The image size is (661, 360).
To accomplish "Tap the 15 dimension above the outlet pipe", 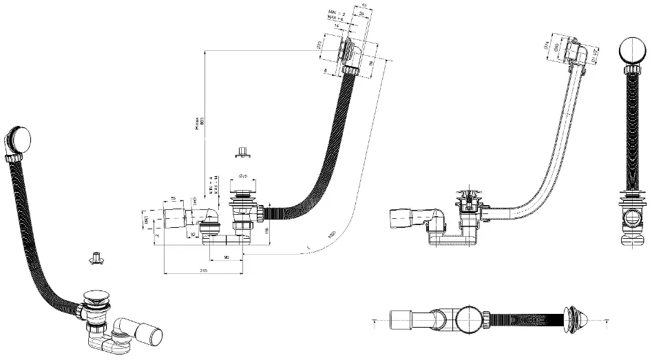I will click(x=173, y=199).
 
